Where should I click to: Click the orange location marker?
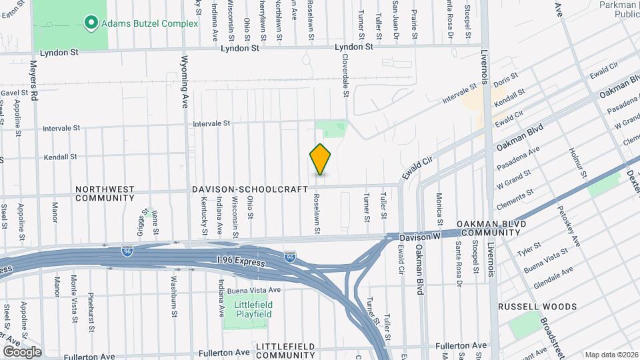click(x=321, y=159)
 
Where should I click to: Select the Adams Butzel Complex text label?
click(x=150, y=24)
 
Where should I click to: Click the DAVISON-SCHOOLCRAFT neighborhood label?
click(x=249, y=189)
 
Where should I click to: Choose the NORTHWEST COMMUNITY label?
click(x=105, y=193)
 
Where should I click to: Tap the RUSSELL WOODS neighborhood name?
click(x=538, y=307)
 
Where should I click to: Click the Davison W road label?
click(x=421, y=237)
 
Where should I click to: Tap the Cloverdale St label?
click(x=346, y=76)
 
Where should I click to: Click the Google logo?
click(x=22, y=351)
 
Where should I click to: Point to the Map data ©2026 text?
click(x=611, y=354)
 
